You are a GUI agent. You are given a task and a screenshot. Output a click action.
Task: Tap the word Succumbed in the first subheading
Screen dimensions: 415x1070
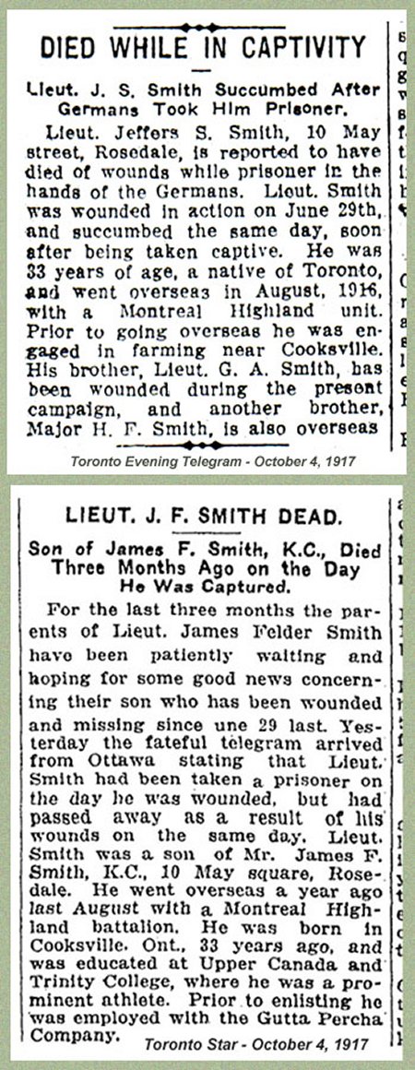tap(259, 89)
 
